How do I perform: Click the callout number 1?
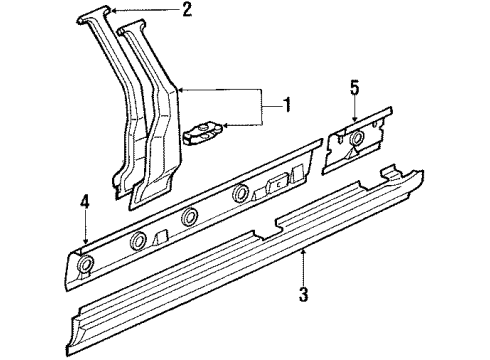[285, 105]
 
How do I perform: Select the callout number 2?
[187, 10]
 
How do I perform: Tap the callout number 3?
[303, 294]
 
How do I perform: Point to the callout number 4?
[85, 203]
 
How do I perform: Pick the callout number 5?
[354, 88]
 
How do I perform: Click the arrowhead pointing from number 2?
[113, 11]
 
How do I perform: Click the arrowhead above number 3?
[303, 253]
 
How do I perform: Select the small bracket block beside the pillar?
[202, 133]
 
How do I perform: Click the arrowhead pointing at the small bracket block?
[226, 126]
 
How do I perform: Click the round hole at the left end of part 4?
[85, 264]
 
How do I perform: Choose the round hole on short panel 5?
[357, 138]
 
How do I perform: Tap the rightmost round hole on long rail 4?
[240, 193]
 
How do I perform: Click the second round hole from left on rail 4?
[138, 240]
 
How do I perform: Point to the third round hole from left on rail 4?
[189, 217]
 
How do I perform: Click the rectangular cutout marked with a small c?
[278, 183]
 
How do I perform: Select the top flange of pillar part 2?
[94, 14]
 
